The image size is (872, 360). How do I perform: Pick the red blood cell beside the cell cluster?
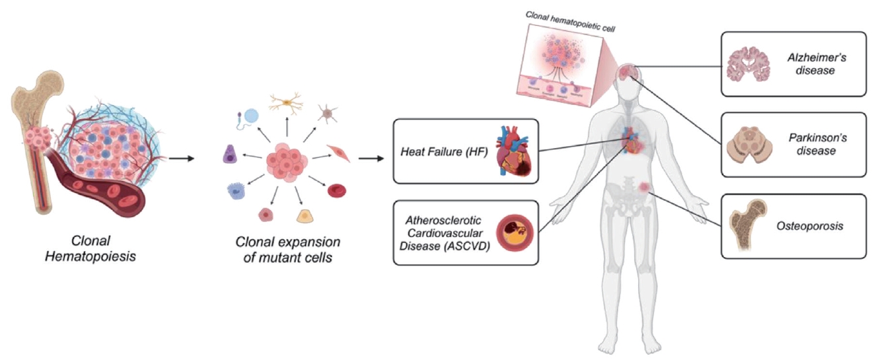pyautogui.click(x=337, y=191)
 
